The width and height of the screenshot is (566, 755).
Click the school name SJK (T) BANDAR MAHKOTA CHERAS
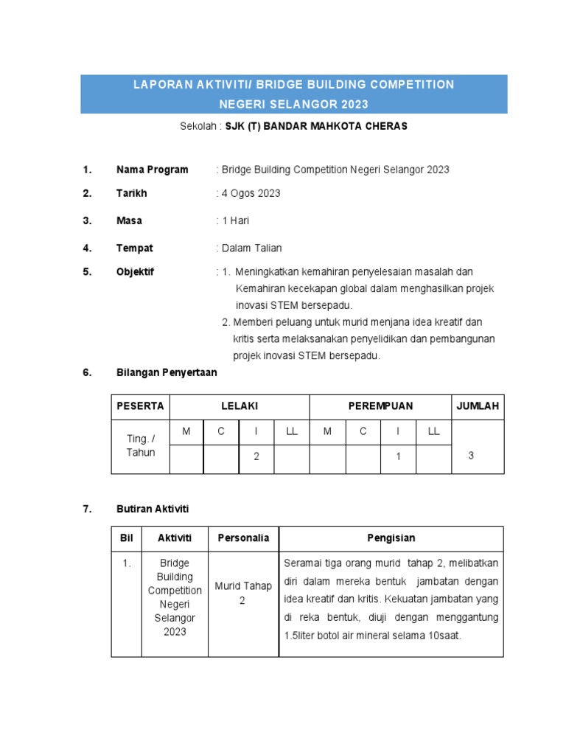(x=316, y=126)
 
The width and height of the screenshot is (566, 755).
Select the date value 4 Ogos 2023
(x=250, y=193)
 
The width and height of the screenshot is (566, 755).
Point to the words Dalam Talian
(x=251, y=248)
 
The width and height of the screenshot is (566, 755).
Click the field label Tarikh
(x=132, y=193)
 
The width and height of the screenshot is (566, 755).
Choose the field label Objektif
(x=136, y=271)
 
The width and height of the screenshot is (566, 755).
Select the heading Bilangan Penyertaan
(x=167, y=372)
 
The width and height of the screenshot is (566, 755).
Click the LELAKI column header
(x=240, y=406)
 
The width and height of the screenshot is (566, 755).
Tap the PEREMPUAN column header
(x=380, y=406)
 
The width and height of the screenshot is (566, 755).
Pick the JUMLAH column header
(x=478, y=406)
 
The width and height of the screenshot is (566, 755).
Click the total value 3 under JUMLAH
(x=471, y=456)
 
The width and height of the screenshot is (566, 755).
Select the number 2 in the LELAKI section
(x=256, y=456)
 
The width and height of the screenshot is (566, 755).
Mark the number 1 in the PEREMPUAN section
(x=398, y=456)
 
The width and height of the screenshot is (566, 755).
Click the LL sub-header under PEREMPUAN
(x=433, y=431)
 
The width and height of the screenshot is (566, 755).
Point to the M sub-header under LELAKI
(x=186, y=431)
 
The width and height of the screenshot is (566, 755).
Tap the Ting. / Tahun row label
(x=141, y=445)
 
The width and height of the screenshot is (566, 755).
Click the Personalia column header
(x=243, y=538)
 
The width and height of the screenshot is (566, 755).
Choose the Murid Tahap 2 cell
(x=243, y=594)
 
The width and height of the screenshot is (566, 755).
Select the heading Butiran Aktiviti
(x=153, y=509)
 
